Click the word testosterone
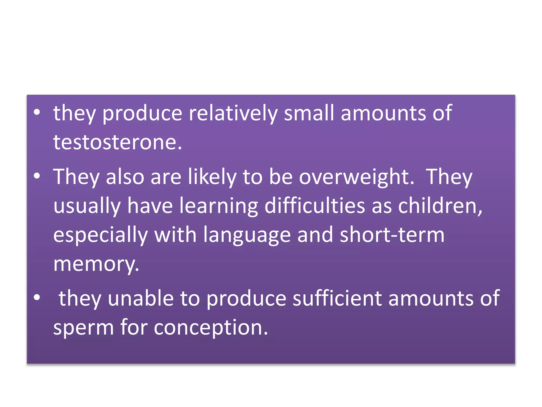click(118, 142)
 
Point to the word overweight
click(356, 177)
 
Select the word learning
click(219, 206)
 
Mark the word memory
click(96, 264)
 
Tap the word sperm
click(84, 328)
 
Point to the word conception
click(211, 328)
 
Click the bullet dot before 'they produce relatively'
click(37, 112)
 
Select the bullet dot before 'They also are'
click(37, 176)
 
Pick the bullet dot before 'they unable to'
click(37, 298)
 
